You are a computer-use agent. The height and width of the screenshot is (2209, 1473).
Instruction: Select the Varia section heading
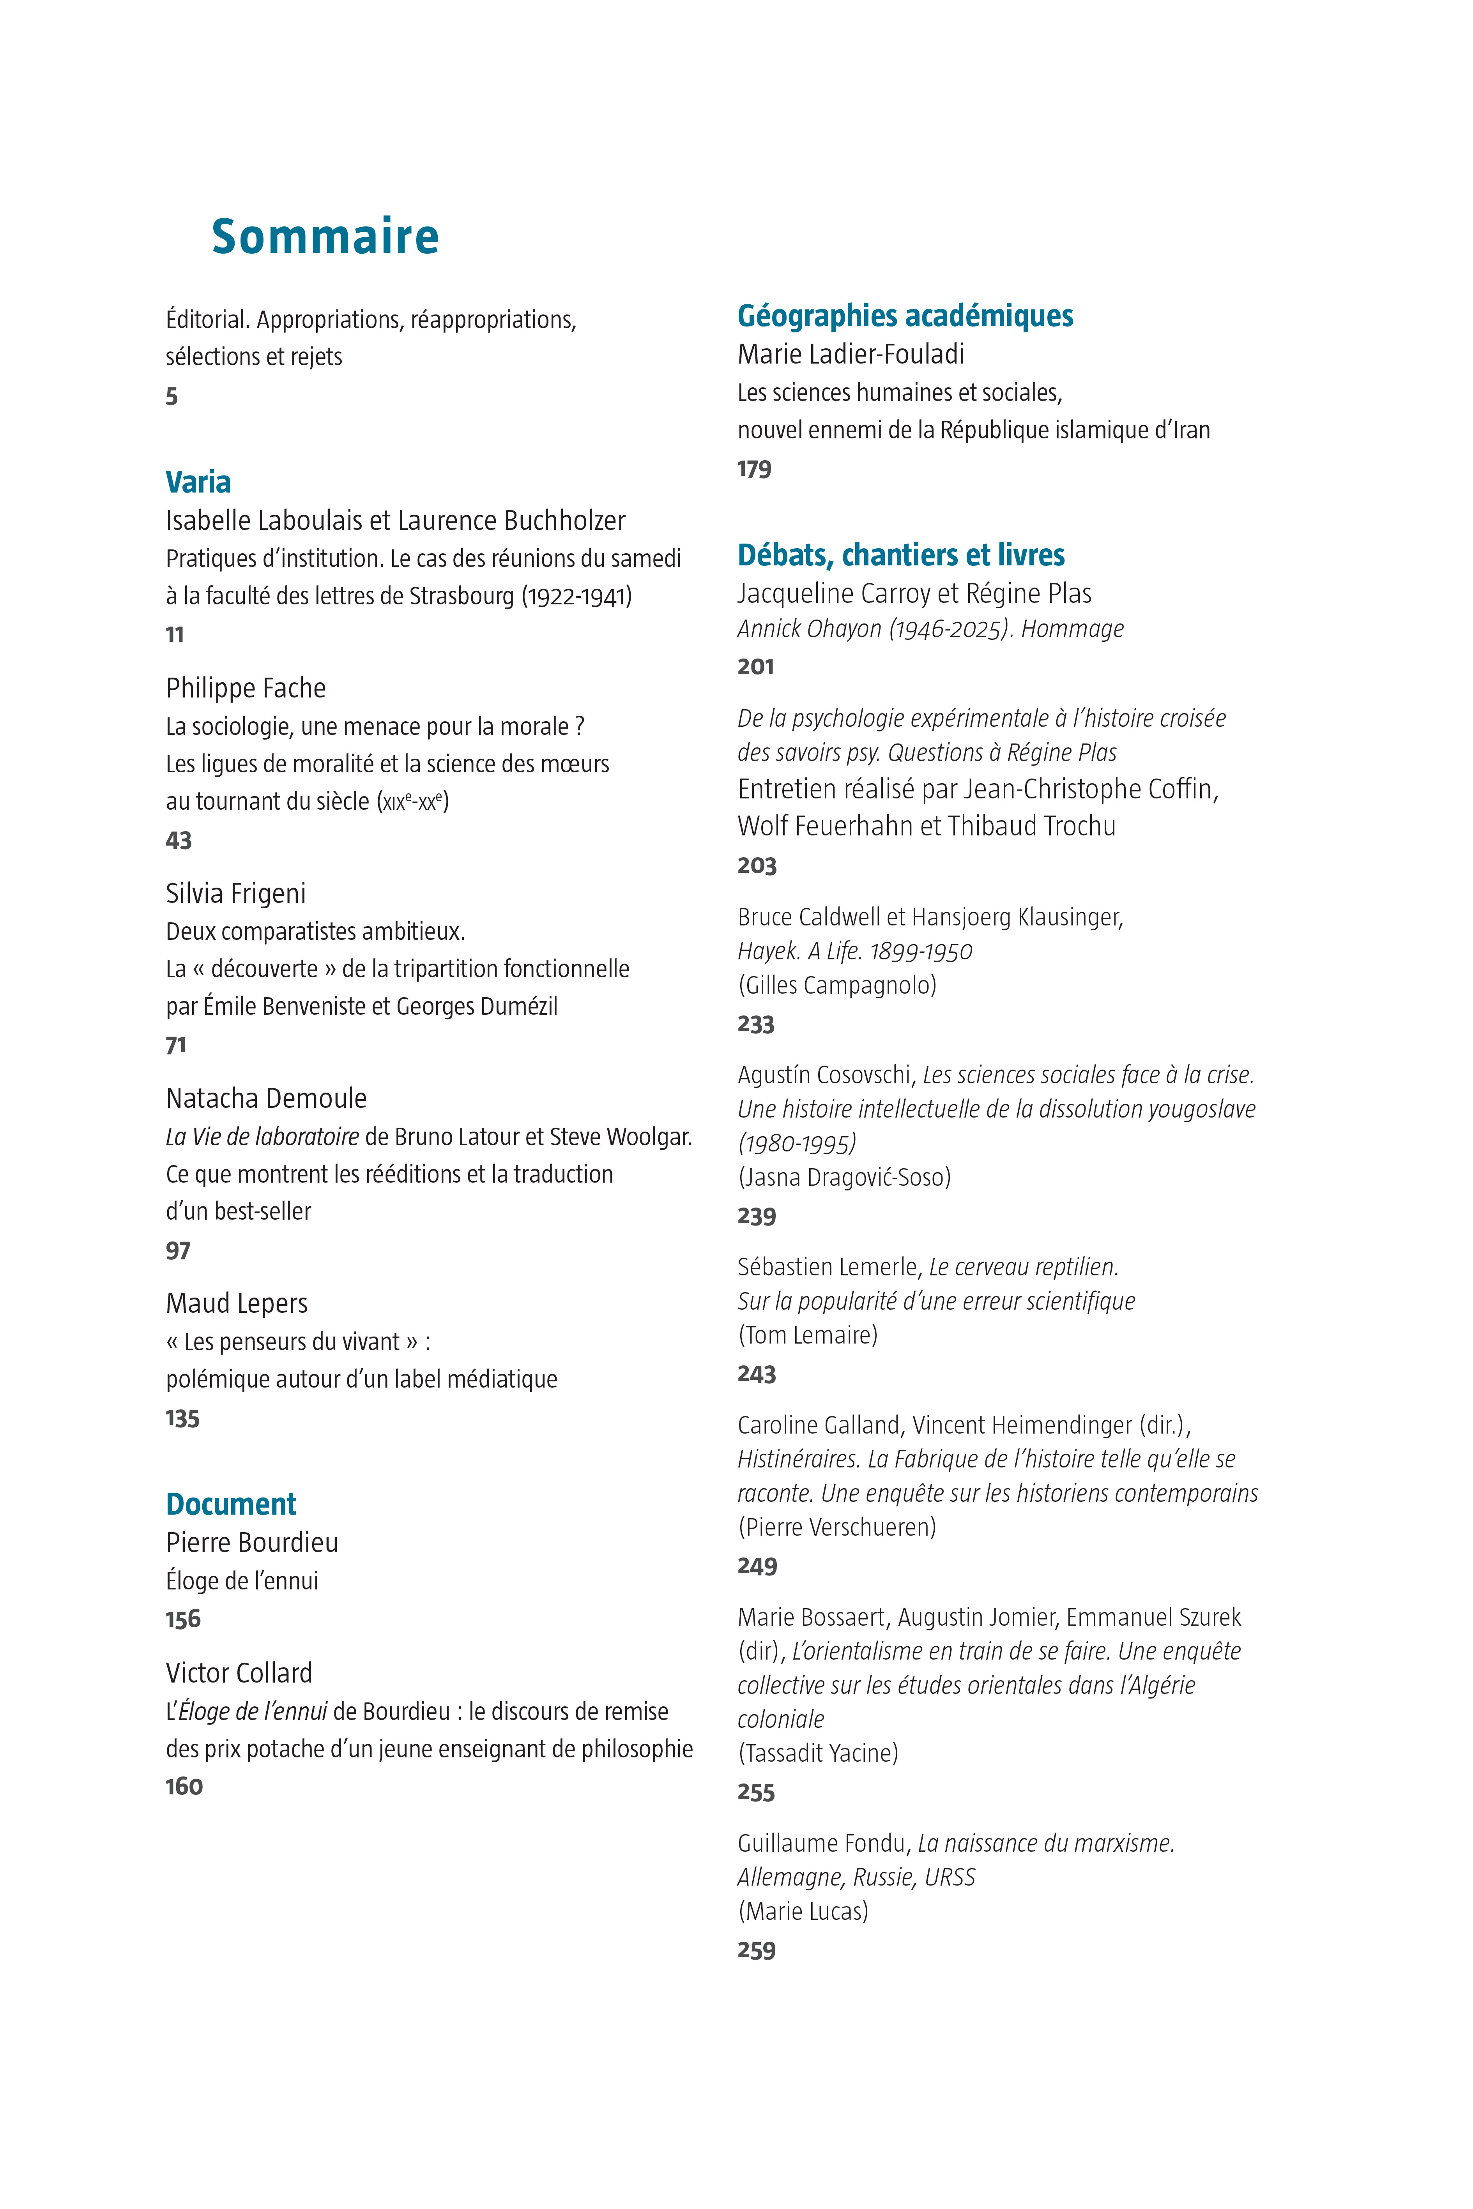pos(198,482)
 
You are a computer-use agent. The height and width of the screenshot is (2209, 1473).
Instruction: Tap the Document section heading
pos(231,1504)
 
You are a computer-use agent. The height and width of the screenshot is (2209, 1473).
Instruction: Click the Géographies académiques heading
pos(905,316)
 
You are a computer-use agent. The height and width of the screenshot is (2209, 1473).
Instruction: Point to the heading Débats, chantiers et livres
pos(901,555)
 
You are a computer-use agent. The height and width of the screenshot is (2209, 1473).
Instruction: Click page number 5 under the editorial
pos(172,396)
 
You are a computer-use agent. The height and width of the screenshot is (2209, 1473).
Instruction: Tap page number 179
pos(754,469)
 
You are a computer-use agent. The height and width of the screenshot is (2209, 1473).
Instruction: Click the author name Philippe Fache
pos(246,689)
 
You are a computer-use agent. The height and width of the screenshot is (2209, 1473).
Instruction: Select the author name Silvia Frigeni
pos(236,893)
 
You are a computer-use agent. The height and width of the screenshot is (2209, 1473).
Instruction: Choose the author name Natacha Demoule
pos(266,1098)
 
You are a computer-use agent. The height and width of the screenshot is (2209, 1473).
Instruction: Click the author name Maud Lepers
pos(237,1303)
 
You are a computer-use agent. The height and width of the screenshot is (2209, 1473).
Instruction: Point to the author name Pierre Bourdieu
pos(252,1542)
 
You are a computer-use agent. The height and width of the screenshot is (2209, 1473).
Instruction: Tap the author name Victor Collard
pos(239,1673)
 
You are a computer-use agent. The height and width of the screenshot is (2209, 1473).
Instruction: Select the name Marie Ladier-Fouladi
pos(851,354)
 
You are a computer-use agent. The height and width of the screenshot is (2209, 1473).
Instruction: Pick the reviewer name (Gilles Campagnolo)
pos(837,985)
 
